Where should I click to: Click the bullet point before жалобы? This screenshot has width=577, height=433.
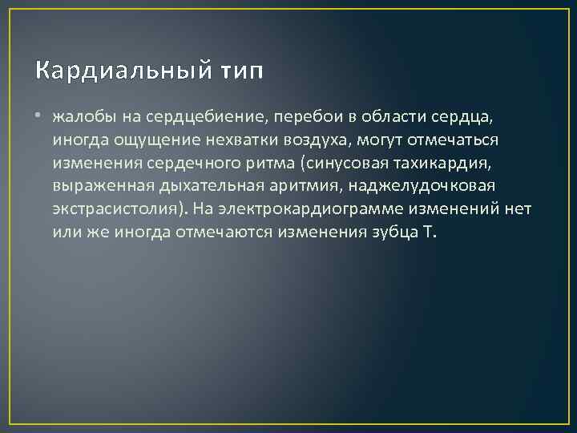pyautogui.click(x=40, y=119)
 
